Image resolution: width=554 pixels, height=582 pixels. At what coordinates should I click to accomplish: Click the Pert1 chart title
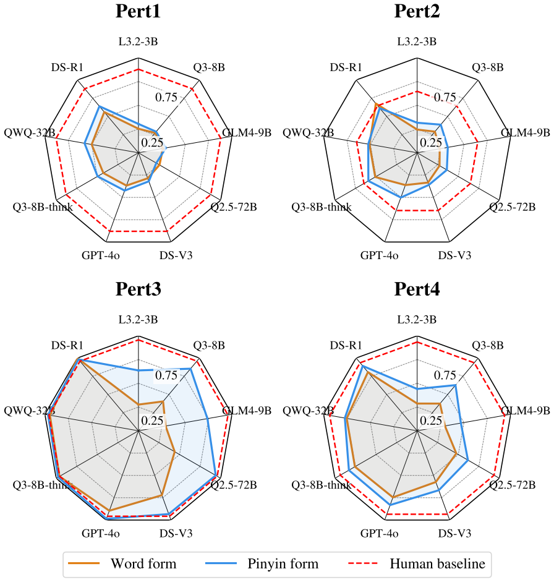[138, 11]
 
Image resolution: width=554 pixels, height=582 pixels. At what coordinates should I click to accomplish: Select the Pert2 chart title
[417, 11]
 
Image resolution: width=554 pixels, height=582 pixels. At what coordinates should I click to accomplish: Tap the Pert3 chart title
[138, 289]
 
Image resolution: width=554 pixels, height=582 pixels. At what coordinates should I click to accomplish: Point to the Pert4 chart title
[417, 289]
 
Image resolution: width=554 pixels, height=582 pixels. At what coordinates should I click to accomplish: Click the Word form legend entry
[122, 563]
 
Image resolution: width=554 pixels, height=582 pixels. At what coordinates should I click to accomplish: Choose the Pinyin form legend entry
[262, 563]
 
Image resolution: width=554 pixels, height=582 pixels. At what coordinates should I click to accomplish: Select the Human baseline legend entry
[417, 563]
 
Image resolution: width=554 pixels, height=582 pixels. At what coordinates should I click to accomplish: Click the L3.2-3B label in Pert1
[138, 41]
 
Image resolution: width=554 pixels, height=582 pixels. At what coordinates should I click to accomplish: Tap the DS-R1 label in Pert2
[346, 67]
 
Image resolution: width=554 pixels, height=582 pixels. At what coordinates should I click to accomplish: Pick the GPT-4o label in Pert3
[101, 533]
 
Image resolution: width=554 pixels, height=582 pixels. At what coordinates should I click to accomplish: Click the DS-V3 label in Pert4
[454, 533]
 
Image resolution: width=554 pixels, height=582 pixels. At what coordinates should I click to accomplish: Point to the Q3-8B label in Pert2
[488, 67]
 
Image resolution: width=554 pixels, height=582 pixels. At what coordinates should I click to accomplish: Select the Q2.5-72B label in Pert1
[234, 207]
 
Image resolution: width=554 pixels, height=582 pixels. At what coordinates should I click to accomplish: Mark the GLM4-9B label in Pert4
[526, 411]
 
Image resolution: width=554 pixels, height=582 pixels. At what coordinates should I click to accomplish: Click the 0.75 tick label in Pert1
[166, 97]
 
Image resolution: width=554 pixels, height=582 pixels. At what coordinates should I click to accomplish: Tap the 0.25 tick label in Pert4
[431, 421]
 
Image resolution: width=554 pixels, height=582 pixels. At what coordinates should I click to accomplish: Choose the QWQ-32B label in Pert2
[308, 132]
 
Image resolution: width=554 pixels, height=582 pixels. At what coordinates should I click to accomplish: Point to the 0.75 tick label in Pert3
[166, 375]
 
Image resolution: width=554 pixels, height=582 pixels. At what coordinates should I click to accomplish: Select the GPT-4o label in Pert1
[101, 255]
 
